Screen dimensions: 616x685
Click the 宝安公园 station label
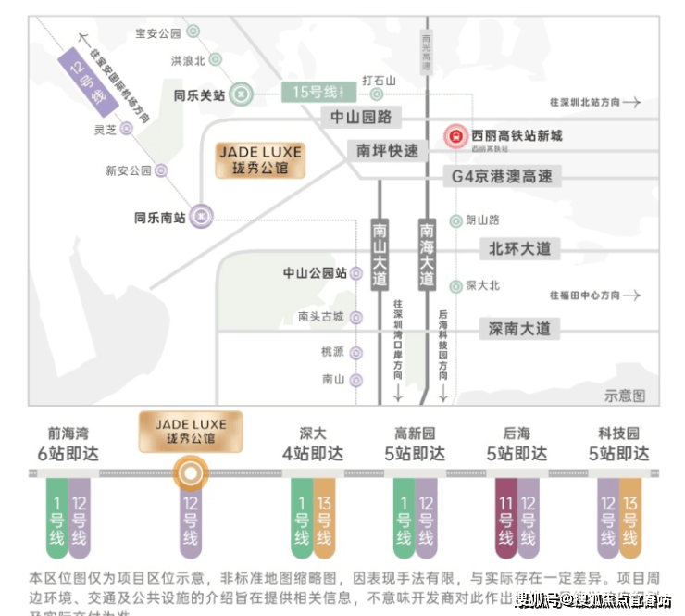click(x=157, y=33)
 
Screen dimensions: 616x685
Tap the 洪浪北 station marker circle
click(x=216, y=61)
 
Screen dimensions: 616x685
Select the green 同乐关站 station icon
click(x=241, y=94)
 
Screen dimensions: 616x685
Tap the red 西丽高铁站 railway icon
click(x=455, y=136)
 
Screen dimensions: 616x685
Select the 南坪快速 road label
click(x=388, y=150)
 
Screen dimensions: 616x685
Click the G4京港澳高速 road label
click(x=502, y=176)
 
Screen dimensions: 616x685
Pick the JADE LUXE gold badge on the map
click(x=259, y=161)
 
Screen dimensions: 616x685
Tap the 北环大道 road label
click(x=519, y=248)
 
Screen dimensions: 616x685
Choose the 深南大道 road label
click(x=519, y=328)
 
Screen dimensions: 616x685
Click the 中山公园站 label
click(x=315, y=273)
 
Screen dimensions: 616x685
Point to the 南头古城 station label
click(x=320, y=317)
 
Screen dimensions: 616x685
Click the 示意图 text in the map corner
click(x=625, y=396)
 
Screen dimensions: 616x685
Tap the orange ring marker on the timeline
click(x=190, y=474)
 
